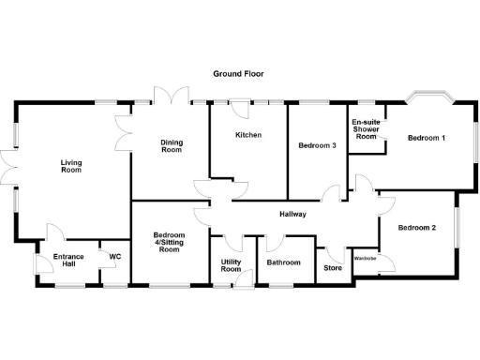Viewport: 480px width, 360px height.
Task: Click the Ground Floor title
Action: tap(238, 72)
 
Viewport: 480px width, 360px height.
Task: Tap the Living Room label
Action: tap(71, 166)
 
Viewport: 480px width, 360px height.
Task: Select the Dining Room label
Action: tap(171, 145)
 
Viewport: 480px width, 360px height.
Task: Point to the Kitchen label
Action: tap(247, 136)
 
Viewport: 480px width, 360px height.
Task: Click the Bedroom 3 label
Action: tap(317, 145)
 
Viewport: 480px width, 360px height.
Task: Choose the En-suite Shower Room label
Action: tap(366, 130)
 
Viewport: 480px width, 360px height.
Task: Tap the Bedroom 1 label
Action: tap(427, 139)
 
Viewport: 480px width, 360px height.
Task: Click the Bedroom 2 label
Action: tap(416, 228)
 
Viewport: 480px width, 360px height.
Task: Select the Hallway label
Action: tap(295, 215)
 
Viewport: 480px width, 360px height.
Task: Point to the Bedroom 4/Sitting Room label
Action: tap(169, 243)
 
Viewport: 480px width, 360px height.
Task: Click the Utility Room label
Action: tap(232, 265)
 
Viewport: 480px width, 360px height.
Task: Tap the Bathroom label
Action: tap(283, 262)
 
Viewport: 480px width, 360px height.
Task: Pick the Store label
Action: tap(333, 268)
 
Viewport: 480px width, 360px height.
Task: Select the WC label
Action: tap(115, 256)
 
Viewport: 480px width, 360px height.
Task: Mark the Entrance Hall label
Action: tap(69, 261)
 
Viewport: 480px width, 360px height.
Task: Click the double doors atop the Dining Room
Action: tap(169, 97)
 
